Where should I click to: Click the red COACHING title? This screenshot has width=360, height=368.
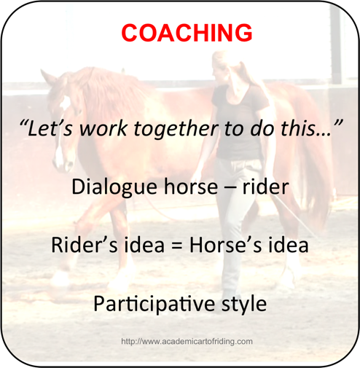[x=187, y=33]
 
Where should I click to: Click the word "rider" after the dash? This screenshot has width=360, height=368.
[x=265, y=187]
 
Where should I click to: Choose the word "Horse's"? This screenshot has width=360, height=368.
[x=225, y=245]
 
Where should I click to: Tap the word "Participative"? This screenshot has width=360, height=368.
[x=154, y=303]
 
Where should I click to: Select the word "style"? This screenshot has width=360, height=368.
[x=243, y=304]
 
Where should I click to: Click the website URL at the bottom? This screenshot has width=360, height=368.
[x=187, y=341]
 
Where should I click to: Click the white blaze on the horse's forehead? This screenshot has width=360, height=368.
[x=65, y=103]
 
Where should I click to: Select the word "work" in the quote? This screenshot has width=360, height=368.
[x=103, y=128]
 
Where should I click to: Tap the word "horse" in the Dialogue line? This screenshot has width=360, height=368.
[x=191, y=187]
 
